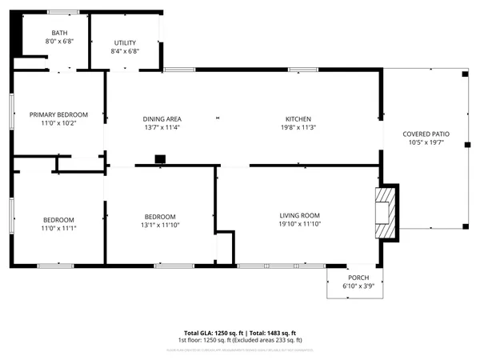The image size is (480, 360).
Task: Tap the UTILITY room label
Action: click(125, 42)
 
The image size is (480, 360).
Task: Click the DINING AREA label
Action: click(162, 118)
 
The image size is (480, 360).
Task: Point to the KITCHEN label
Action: click(298, 118)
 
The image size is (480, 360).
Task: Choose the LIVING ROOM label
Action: click(299, 215)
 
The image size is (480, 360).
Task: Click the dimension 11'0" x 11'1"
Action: click(58, 228)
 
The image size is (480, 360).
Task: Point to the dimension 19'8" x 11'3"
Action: click(298, 126)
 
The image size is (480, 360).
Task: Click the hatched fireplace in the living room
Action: click(386, 213)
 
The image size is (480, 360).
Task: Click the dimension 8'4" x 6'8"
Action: click(125, 51)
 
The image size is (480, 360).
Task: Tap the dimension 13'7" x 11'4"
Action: click(162, 126)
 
